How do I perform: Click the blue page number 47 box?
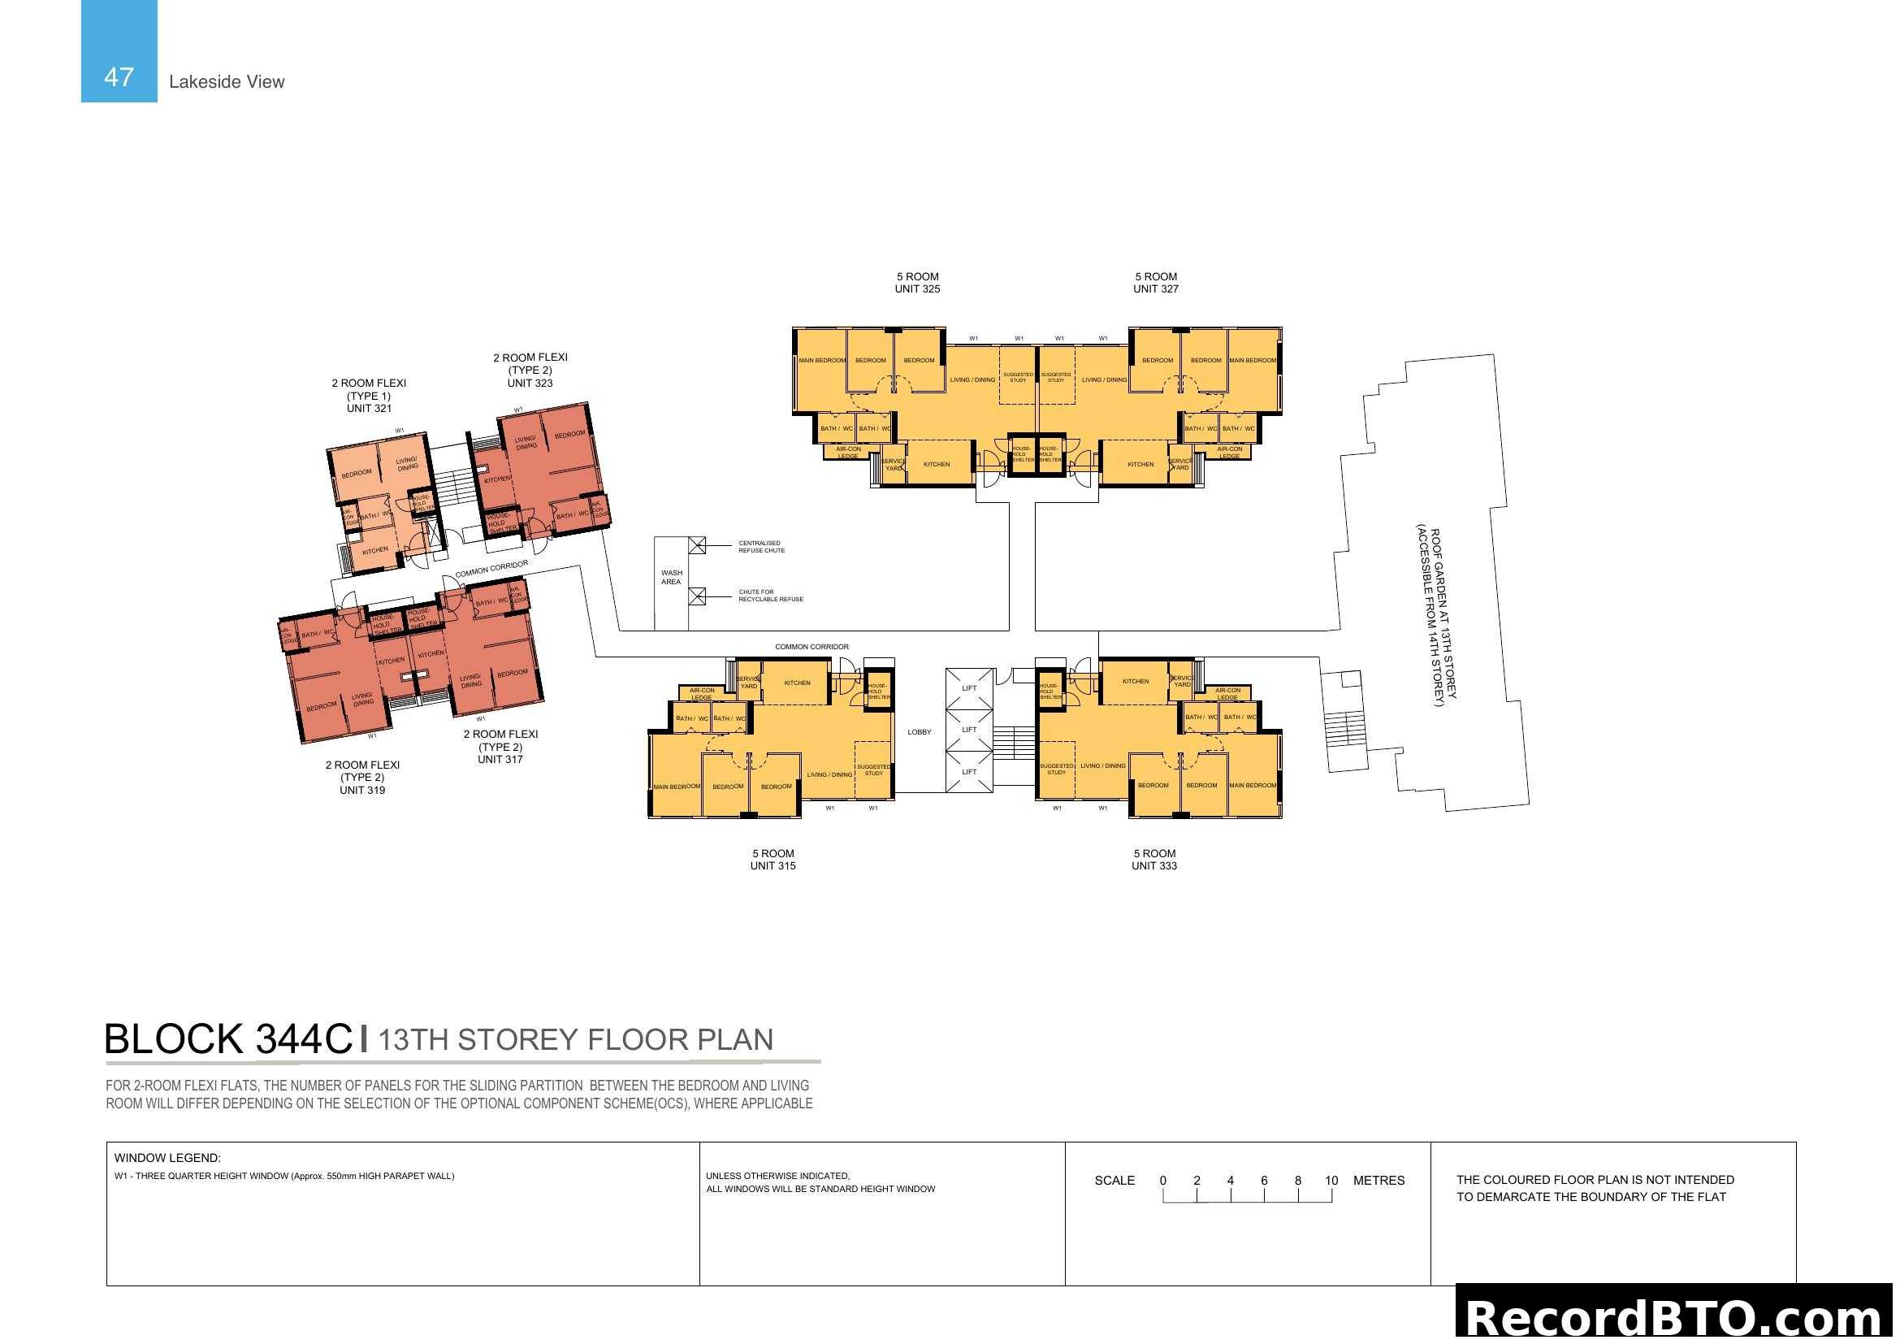pos(119,51)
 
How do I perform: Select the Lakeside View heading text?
pos(226,82)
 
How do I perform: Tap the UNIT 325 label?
pos(917,288)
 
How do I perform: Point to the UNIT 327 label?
pos(1155,288)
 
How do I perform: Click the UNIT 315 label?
pos(772,865)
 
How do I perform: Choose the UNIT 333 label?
pos(1153,865)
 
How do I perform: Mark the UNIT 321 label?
pos(369,408)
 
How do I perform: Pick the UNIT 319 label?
pos(361,790)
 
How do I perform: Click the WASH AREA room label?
pos(671,577)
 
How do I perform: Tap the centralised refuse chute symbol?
pos(698,544)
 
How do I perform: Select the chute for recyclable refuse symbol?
pos(698,596)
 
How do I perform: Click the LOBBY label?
pos(919,731)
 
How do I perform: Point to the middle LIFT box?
pos(969,730)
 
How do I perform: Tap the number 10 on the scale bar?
pos(1331,1180)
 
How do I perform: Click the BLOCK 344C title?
pos(228,1038)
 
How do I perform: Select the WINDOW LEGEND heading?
pos(167,1158)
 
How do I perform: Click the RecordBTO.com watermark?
pos(1677,1317)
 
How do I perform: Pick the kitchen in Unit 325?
pos(936,464)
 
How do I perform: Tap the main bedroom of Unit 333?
pos(1251,785)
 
